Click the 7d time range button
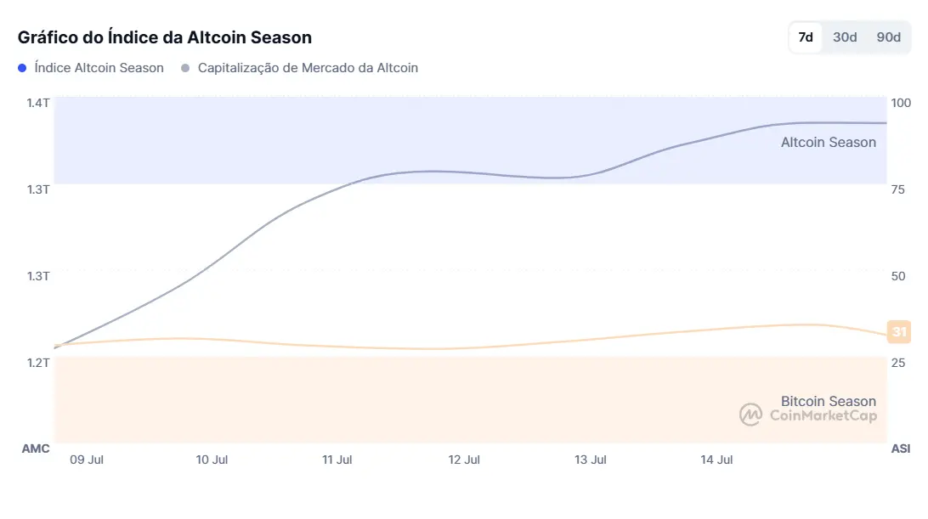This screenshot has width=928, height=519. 806,37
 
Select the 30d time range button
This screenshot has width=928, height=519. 845,37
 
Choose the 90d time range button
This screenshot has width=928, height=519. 888,37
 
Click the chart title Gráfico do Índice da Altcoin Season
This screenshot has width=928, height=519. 165,37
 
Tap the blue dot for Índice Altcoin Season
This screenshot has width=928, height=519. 23,68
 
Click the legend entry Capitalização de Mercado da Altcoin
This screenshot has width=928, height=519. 308,68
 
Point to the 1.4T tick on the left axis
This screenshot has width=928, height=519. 38,103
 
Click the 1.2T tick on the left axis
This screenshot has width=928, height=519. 38,363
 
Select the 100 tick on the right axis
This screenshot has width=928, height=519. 900,103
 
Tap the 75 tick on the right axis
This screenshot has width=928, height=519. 897,189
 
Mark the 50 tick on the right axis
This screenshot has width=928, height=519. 897,276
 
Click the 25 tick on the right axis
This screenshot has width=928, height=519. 897,363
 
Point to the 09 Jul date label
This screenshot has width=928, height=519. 87,460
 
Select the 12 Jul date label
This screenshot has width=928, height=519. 464,460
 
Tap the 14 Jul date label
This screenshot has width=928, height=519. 716,460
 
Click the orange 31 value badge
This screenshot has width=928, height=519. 899,332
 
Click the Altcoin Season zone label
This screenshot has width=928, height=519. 828,143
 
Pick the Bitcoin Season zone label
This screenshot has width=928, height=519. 828,401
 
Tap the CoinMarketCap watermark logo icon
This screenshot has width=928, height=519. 750,415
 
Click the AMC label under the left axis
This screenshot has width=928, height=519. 36,448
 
